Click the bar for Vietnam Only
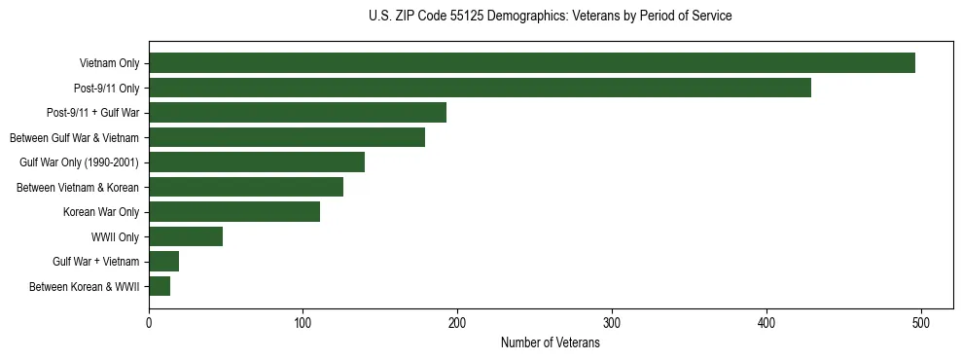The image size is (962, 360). [532, 63]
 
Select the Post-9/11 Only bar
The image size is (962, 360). [480, 88]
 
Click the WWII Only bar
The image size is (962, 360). [186, 236]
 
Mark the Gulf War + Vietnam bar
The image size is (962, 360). [164, 262]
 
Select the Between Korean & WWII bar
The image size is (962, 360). [160, 286]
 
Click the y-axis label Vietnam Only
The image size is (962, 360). [109, 63]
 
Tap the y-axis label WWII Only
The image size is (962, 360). [115, 236]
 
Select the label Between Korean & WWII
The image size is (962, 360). [84, 286]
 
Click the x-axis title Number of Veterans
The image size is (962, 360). [550, 342]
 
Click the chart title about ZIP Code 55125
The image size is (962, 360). [550, 17]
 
